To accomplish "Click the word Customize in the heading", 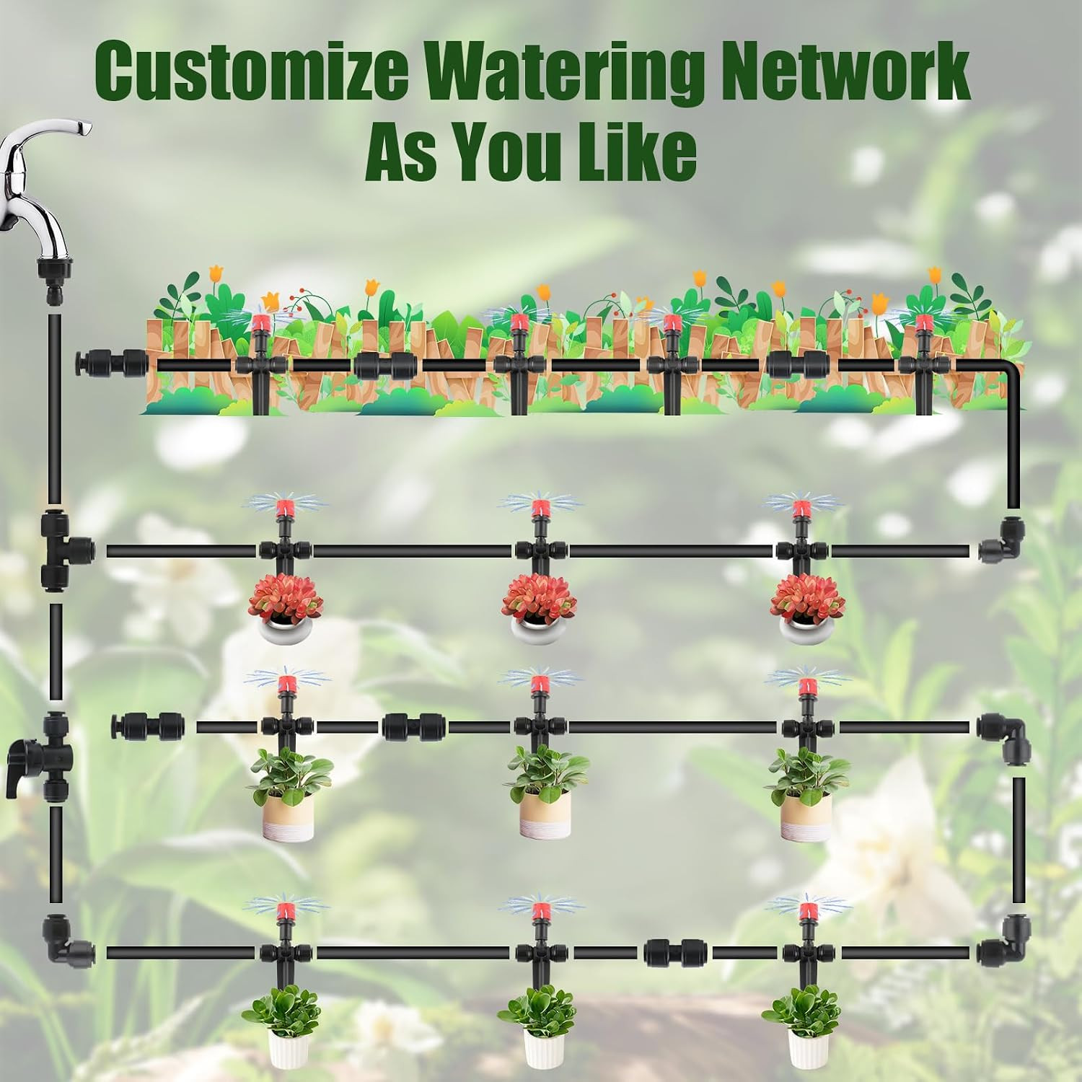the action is [251, 72].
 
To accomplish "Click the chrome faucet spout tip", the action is [86, 129].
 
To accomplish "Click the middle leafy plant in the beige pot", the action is [546, 791].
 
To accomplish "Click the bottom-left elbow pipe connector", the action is [66, 940].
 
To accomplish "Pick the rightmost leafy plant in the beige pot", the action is [806, 793].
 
